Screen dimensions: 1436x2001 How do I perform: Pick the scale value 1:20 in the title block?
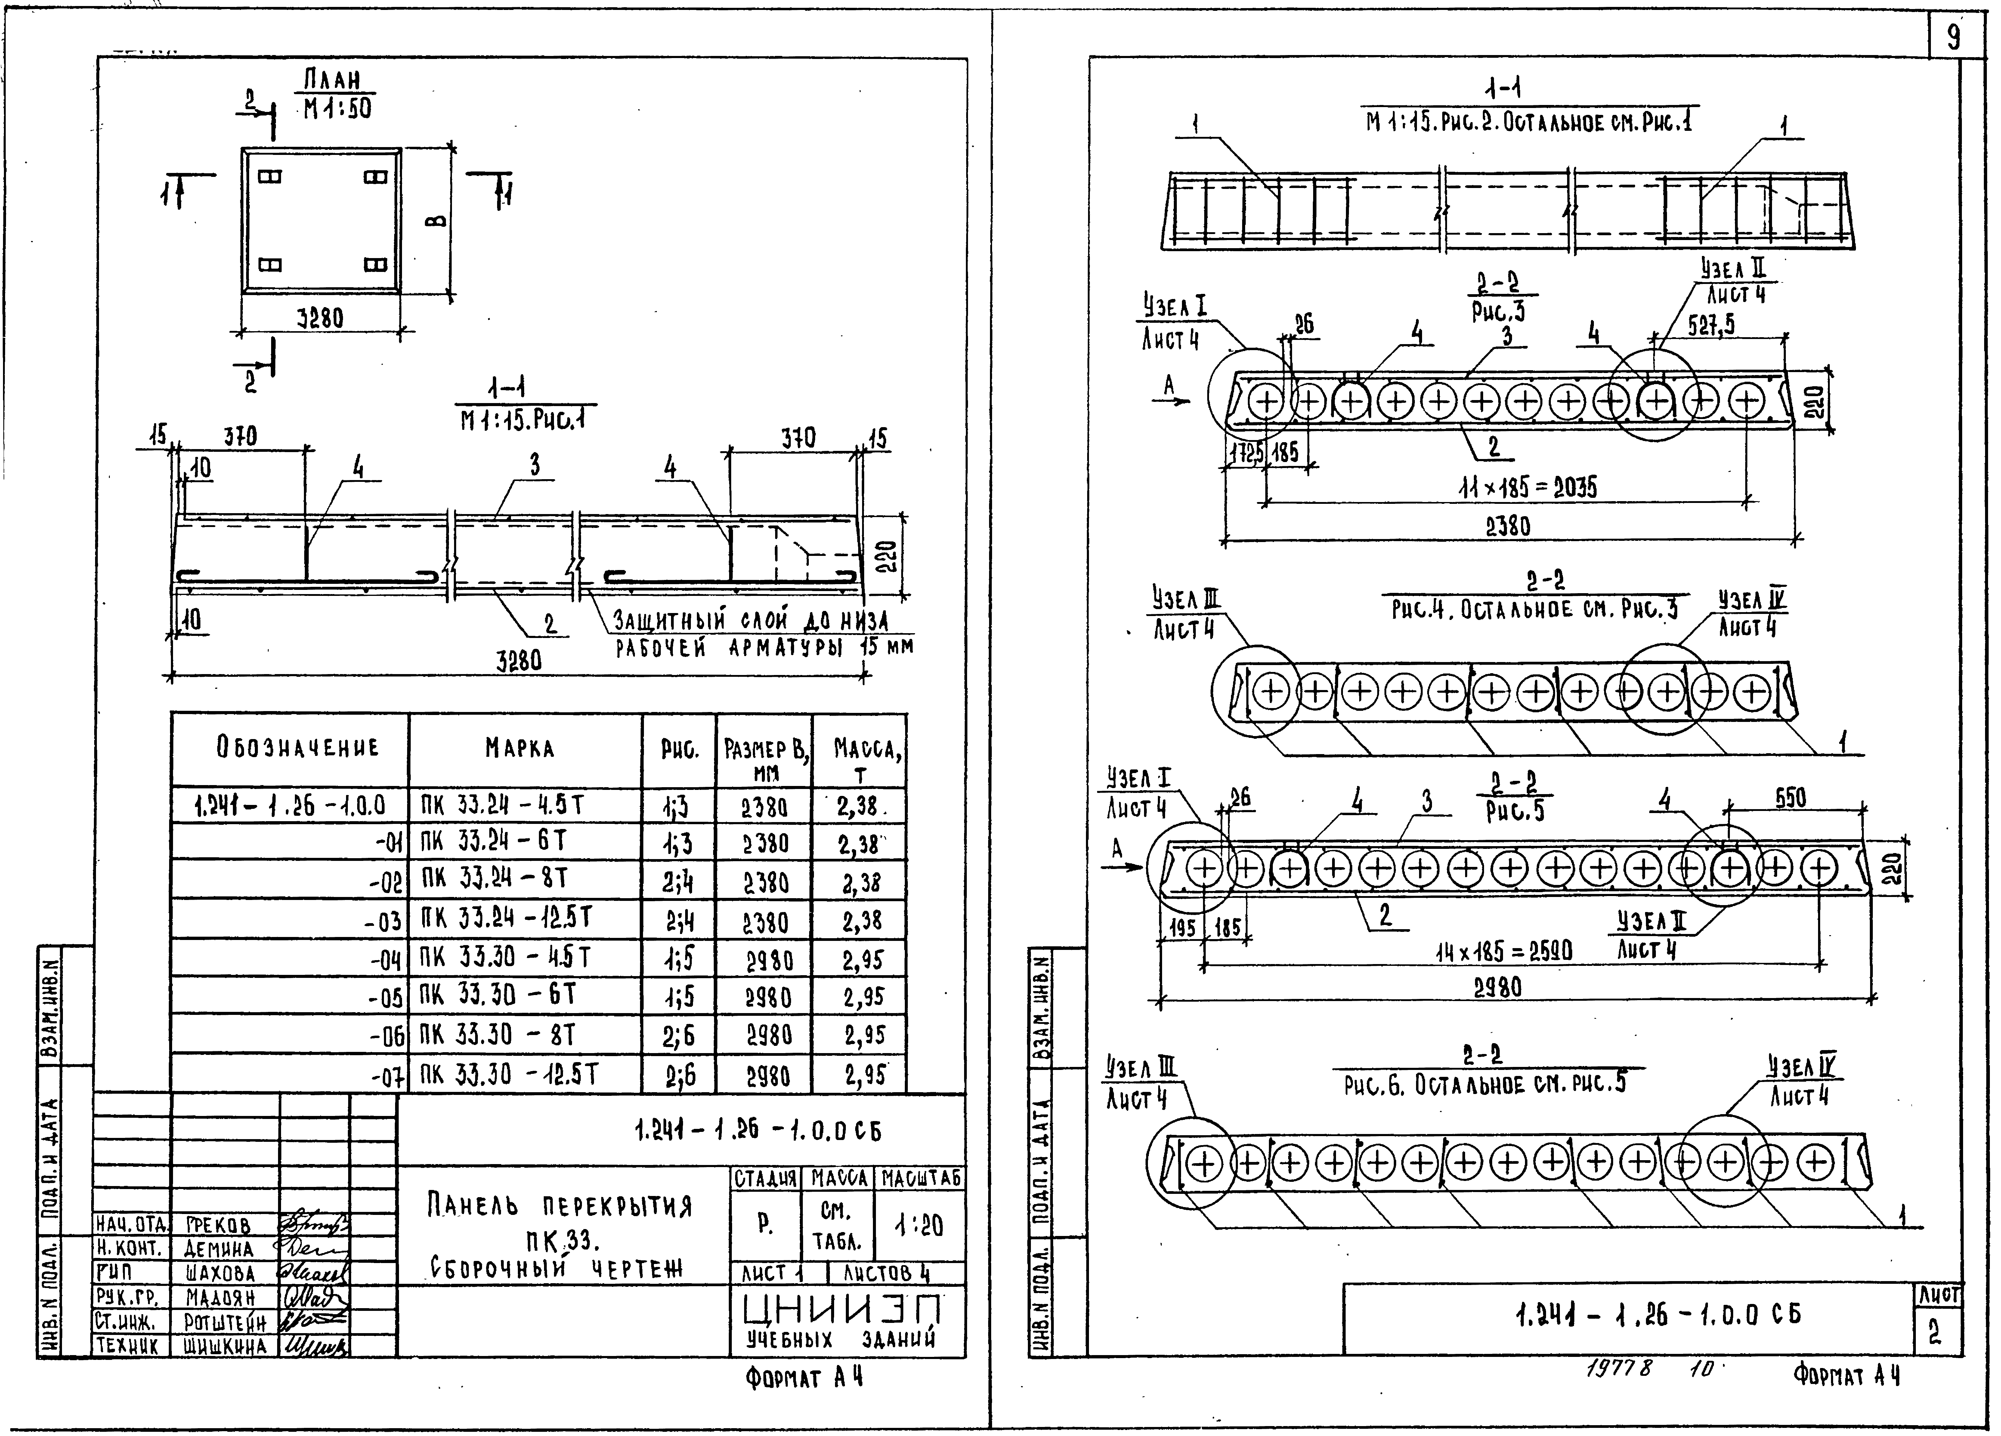coord(918,1225)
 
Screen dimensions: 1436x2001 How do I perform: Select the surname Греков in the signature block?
coord(219,1225)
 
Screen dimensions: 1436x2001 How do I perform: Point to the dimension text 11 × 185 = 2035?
coord(1528,487)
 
